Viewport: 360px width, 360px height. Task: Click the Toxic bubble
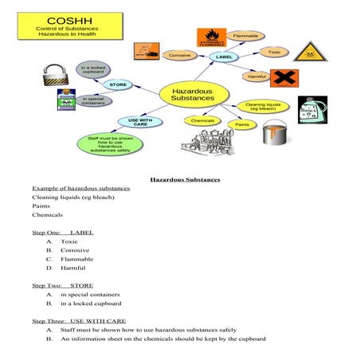pyautogui.click(x=272, y=52)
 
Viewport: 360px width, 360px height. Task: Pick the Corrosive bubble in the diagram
pyautogui.click(x=180, y=55)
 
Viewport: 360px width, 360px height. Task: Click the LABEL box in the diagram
pyautogui.click(x=224, y=57)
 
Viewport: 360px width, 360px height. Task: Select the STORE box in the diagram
pyautogui.click(x=118, y=84)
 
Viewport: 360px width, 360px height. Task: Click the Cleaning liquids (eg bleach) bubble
pyautogui.click(x=260, y=106)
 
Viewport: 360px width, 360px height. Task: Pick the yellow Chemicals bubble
pyautogui.click(x=203, y=121)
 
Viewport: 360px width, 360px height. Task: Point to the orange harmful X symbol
pyautogui.click(x=284, y=77)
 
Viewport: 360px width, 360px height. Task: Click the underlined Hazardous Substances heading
pyautogui.click(x=185, y=179)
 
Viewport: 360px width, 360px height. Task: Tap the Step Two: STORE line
pyautogui.click(x=62, y=284)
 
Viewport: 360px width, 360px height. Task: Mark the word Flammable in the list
pyautogui.click(x=76, y=259)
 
